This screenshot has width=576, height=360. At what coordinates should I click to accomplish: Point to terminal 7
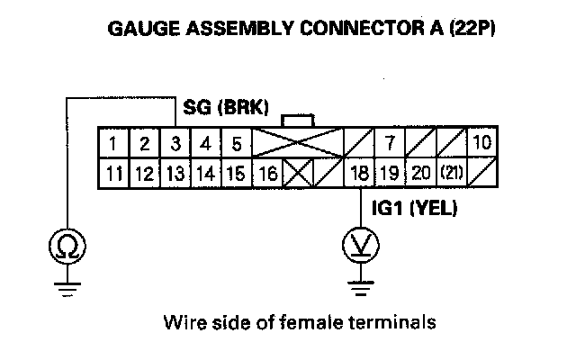pos(390,143)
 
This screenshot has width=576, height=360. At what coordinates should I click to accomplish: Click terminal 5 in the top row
pos(236,143)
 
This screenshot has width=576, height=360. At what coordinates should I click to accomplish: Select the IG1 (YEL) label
pos(415,210)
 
